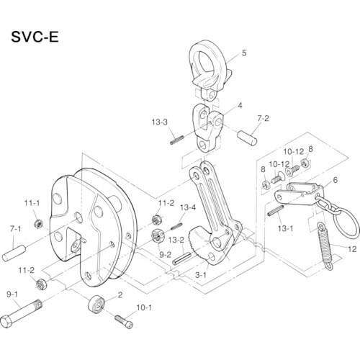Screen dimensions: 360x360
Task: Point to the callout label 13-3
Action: [x=159, y=121]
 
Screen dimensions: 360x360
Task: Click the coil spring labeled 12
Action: [x=325, y=245]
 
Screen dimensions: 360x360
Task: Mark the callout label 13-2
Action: [x=176, y=240]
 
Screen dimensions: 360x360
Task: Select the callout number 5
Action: [x=244, y=53]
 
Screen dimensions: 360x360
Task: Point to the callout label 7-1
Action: [x=16, y=228]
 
